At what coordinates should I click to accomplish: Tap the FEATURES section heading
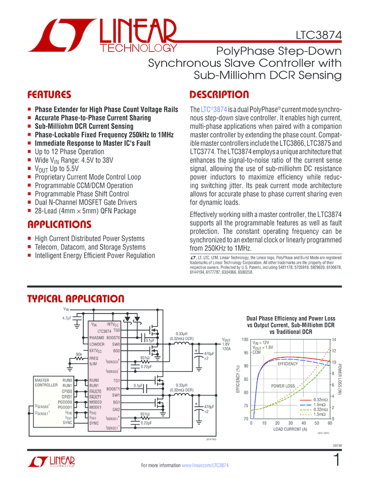pyautogui.click(x=49, y=94)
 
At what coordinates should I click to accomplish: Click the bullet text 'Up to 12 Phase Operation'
pyautogui.click(x=70, y=152)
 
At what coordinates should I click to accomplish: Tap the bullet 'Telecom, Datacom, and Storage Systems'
pyautogui.click(x=90, y=247)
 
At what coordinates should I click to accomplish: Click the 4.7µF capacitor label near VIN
pyautogui.click(x=68, y=318)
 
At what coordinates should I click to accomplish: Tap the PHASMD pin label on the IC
pyautogui.click(x=97, y=337)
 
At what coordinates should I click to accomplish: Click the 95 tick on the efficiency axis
pyautogui.click(x=244, y=353)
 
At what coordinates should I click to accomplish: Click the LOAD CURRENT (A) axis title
pyautogui.click(x=290, y=429)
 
